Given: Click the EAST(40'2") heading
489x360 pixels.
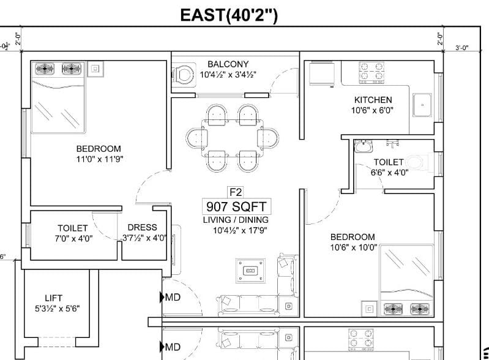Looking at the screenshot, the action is pyautogui.click(x=229, y=15).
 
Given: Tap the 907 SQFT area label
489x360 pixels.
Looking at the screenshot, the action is pyautogui.click(x=236, y=206).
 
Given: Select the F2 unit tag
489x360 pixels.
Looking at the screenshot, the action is pyautogui.click(x=236, y=192).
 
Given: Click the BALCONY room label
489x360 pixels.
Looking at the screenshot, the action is pyautogui.click(x=228, y=64).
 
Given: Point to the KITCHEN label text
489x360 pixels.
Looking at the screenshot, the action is pyautogui.click(x=373, y=100).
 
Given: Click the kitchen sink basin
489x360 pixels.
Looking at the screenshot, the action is pyautogui.click(x=422, y=105).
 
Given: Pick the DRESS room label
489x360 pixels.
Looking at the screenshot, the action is pyautogui.click(x=142, y=227).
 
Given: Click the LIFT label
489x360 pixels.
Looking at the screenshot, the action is pyautogui.click(x=53, y=298).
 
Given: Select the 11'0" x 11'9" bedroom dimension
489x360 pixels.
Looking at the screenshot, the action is pyautogui.click(x=100, y=159).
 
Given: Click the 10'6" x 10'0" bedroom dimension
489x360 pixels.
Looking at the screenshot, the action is pyautogui.click(x=354, y=247).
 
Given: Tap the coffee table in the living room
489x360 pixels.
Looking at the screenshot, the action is pyautogui.click(x=251, y=271).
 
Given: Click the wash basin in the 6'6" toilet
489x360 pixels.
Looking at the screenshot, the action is pyautogui.click(x=363, y=146).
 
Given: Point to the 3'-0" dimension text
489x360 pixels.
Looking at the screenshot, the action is pyautogui.click(x=461, y=48).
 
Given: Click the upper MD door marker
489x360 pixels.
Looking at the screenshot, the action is pyautogui.click(x=170, y=298).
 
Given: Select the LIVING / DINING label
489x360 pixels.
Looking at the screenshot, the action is pyautogui.click(x=236, y=220).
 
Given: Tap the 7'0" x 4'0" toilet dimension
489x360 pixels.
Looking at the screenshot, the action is pyautogui.click(x=73, y=239).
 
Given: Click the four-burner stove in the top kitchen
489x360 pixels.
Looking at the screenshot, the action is pyautogui.click(x=371, y=72).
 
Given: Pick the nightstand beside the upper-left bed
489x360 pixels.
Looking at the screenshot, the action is pyautogui.click(x=95, y=69).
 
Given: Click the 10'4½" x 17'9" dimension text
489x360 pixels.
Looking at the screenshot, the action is pyautogui.click(x=240, y=231).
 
